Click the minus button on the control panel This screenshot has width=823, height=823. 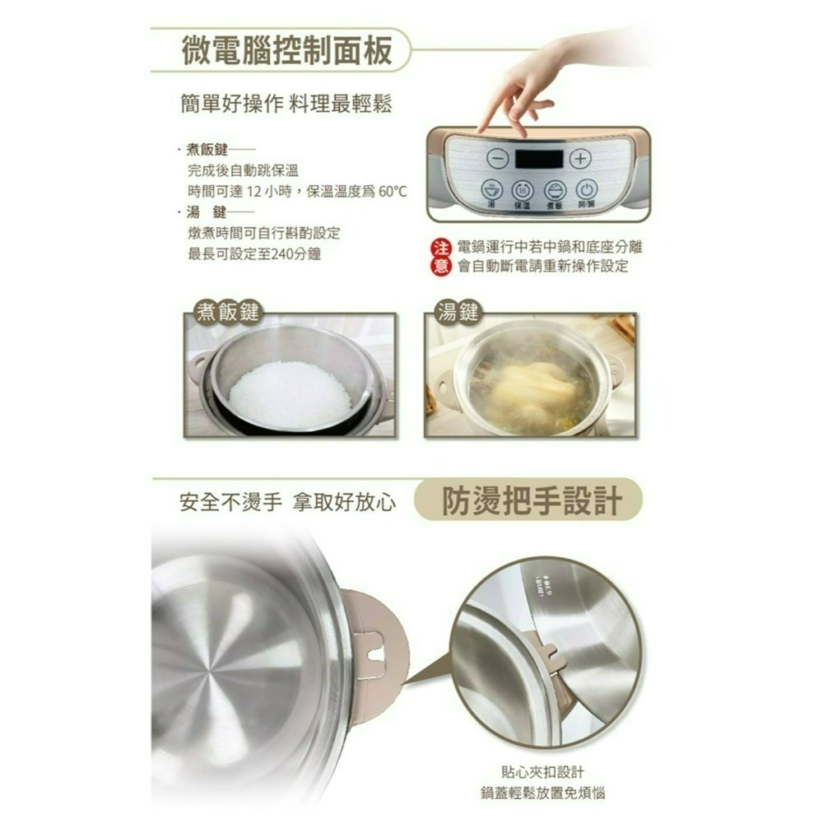(497, 158)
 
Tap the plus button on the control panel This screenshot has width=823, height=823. (580, 158)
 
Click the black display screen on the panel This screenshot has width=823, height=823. (539, 159)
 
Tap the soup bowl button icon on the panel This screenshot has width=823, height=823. (492, 188)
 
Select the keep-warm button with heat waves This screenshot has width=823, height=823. (523, 189)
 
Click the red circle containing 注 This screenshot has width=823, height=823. (440, 248)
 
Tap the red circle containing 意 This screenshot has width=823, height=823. (440, 266)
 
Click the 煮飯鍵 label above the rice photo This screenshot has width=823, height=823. (226, 312)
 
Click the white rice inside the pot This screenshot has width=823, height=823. (290, 394)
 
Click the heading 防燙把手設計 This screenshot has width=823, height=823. (531, 500)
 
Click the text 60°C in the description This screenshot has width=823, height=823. (393, 192)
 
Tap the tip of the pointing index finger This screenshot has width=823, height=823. (481, 130)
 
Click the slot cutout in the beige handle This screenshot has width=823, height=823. (374, 650)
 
